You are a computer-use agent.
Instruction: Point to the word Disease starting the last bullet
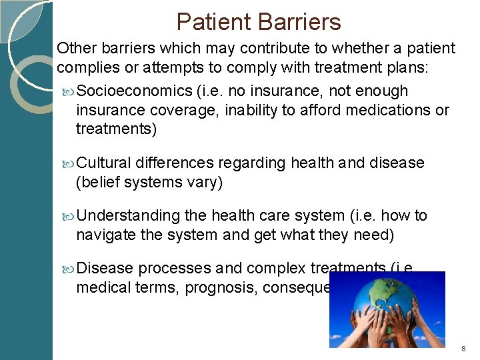105,269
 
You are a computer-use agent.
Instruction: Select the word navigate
105,235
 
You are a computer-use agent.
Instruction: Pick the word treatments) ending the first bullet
117,129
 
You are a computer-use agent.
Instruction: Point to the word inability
249,109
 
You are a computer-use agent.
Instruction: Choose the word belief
99,182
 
